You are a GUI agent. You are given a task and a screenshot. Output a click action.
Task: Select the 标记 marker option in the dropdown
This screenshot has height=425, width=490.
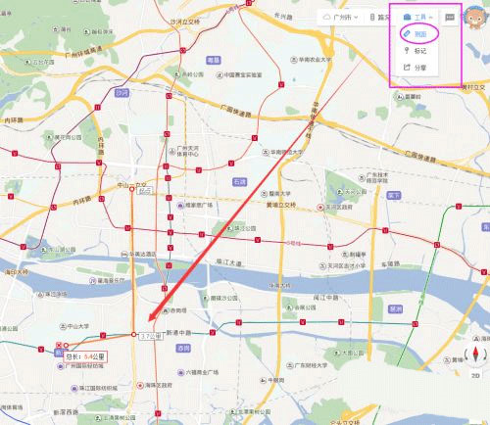tap(418, 51)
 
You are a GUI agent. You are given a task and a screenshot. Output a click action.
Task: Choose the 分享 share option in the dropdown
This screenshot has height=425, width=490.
tap(418, 68)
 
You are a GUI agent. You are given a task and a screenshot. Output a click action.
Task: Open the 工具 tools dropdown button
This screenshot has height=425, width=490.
tap(417, 18)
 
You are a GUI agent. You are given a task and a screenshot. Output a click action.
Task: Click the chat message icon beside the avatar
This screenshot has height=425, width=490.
tap(450, 18)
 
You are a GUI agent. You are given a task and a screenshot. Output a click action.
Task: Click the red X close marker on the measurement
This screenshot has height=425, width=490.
tap(62, 346)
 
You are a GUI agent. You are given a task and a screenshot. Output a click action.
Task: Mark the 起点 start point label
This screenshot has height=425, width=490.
tap(146, 192)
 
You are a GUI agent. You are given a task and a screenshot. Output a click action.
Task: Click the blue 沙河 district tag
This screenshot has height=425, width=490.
tap(122, 94)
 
